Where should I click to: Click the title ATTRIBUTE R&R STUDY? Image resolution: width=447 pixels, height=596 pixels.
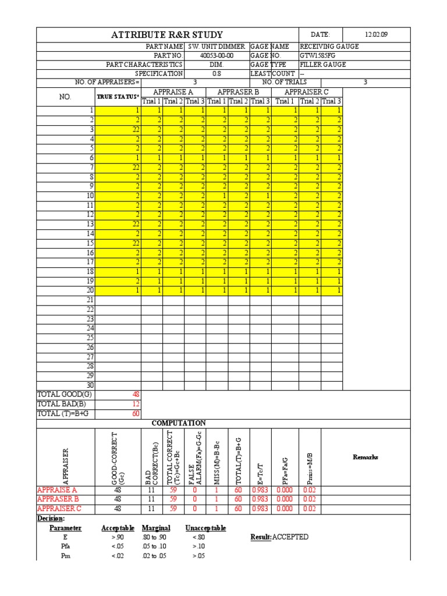(x=168, y=36)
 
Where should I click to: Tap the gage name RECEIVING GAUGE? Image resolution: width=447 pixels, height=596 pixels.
(x=329, y=46)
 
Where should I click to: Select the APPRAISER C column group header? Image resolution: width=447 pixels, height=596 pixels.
(x=307, y=92)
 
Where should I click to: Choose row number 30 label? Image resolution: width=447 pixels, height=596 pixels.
(x=90, y=384)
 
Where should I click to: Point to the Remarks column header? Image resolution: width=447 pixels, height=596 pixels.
(x=366, y=457)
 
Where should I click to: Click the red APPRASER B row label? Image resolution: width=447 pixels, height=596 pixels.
(x=58, y=499)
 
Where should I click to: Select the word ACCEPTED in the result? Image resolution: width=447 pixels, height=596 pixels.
(x=290, y=537)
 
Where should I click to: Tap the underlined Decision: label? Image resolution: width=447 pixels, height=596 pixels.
(x=51, y=518)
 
